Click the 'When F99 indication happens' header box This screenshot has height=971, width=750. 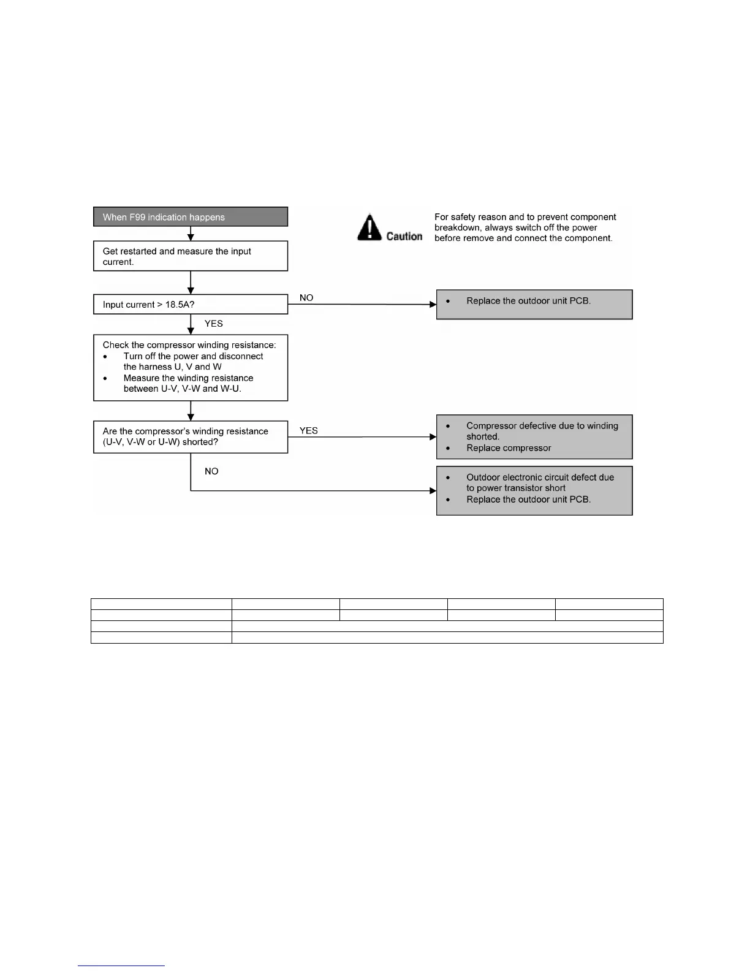(190, 217)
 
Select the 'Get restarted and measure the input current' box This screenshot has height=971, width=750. (190, 256)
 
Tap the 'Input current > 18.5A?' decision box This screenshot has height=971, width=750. (190, 305)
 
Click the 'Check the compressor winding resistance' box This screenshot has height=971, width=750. (190, 367)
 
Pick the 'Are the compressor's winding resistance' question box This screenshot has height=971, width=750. (190, 436)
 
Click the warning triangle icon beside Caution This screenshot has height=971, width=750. (369, 227)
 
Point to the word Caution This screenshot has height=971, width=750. (404, 236)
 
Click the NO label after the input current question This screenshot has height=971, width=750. (306, 298)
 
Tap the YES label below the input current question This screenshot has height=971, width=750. (214, 324)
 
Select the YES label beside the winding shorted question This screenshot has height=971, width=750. (309, 431)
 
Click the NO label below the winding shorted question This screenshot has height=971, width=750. (211, 471)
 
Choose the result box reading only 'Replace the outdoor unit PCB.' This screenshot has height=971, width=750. (534, 304)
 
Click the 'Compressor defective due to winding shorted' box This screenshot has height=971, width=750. (534, 436)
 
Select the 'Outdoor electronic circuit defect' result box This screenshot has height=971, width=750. (534, 490)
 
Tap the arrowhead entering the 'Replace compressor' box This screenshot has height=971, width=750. (433, 437)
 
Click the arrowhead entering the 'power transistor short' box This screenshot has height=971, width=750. (433, 490)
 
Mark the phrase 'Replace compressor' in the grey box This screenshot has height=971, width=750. (509, 448)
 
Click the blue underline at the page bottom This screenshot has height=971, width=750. (121, 965)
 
